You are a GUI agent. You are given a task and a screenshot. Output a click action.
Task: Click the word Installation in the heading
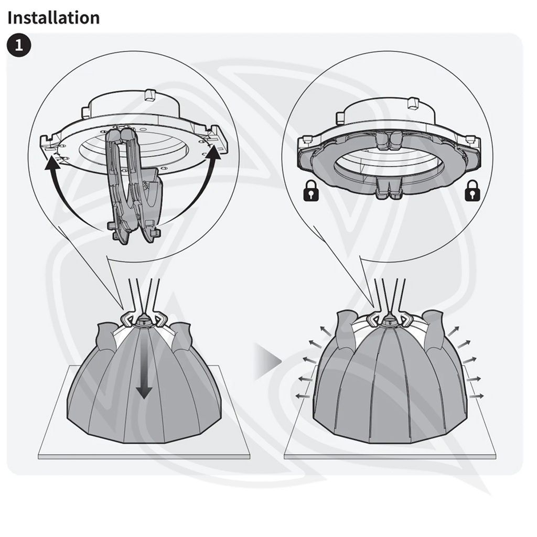[53, 17]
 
